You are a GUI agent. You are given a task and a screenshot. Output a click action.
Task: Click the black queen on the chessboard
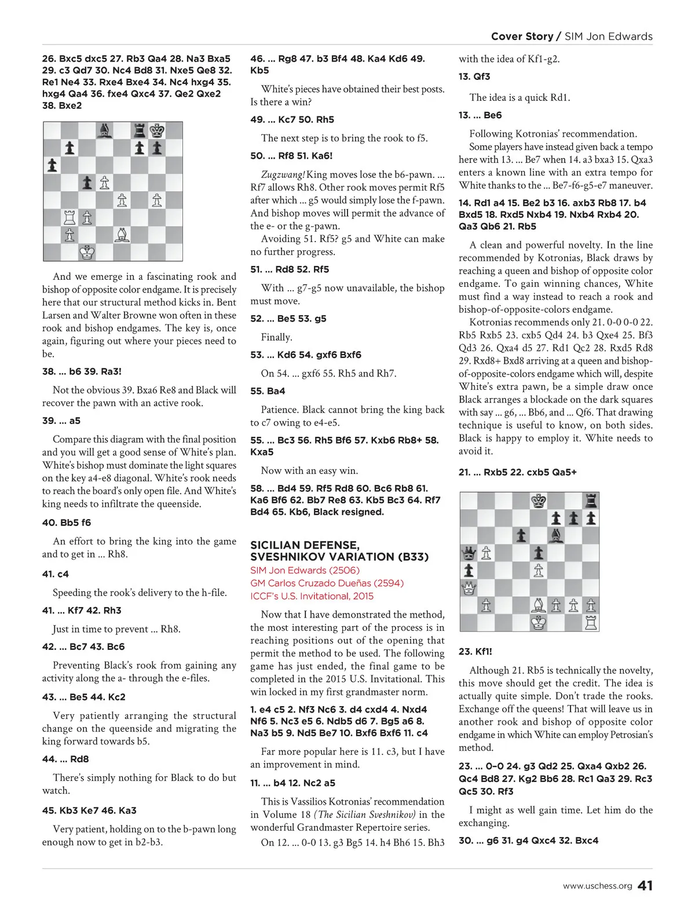469,553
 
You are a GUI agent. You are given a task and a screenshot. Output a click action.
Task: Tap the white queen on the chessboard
469,589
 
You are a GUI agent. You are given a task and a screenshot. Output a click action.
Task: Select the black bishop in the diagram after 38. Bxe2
105,130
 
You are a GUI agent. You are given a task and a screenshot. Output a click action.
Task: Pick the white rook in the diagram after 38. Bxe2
69,218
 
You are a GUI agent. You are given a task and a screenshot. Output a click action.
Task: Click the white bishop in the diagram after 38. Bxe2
122,235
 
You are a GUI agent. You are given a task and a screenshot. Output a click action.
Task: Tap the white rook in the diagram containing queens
591,623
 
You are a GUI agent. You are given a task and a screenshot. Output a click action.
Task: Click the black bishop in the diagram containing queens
556,535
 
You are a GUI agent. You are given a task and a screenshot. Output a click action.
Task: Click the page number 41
645,886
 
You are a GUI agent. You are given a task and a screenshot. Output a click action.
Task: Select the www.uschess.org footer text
597,886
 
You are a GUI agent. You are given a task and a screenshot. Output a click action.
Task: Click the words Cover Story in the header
522,36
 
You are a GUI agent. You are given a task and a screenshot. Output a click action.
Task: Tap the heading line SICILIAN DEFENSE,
305,545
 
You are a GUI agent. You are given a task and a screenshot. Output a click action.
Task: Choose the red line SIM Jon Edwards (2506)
305,571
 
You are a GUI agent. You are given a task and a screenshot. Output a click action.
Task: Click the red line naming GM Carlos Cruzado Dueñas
327,583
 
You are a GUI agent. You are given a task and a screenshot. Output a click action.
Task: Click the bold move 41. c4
55,574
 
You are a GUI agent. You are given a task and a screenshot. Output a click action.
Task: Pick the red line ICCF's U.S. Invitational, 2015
312,596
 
